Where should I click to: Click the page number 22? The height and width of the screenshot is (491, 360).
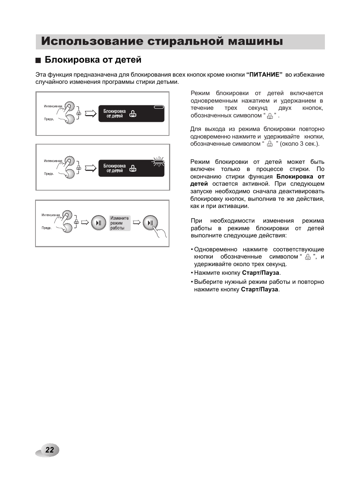coord(50,450)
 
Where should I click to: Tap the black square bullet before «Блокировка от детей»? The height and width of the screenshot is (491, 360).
coord(38,60)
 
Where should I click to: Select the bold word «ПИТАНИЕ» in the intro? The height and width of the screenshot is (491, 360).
coord(265,75)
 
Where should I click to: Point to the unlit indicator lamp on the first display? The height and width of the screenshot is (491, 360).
coord(159,107)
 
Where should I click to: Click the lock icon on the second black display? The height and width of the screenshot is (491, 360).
coord(133,168)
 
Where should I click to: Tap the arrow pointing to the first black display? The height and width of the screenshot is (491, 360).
coord(91,114)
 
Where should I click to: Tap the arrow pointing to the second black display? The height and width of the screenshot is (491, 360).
coord(91,168)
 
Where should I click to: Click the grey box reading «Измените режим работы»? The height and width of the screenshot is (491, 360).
coord(120,223)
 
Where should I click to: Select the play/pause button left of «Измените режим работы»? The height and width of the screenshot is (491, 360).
coord(98,223)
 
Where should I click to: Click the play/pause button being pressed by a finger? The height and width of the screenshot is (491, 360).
coord(150,223)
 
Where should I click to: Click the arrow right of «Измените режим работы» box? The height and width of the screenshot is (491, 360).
coord(136,223)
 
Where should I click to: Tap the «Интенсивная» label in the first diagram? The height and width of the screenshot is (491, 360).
coord(53,106)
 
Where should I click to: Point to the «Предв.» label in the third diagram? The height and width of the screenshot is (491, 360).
coord(46,228)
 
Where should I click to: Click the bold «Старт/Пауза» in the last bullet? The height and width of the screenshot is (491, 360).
coord(260,289)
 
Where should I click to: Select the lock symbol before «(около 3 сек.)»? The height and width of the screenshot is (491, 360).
coord(270,144)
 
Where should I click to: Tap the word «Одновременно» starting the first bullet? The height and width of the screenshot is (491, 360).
coord(215,249)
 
